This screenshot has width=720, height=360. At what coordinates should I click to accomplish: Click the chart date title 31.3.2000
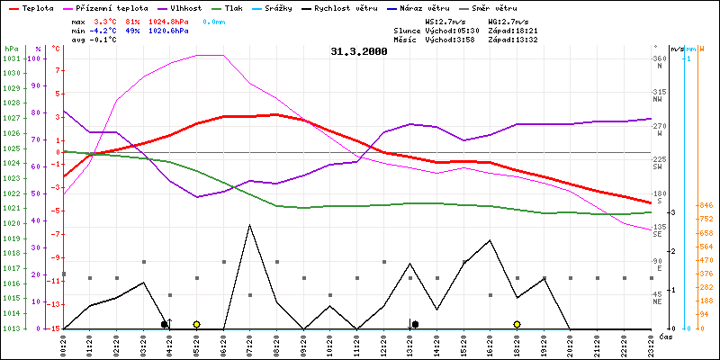tap(359, 52)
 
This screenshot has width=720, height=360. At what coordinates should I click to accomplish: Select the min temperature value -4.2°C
tap(104, 30)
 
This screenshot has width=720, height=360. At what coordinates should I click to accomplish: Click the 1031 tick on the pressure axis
tap(11, 58)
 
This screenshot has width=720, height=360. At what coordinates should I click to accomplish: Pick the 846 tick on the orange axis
tap(706, 205)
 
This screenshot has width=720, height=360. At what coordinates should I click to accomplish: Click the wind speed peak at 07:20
tap(249, 225)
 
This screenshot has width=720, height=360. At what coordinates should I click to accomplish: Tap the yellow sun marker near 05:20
tap(196, 324)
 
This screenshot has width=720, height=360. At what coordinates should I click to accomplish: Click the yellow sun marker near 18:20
tap(517, 324)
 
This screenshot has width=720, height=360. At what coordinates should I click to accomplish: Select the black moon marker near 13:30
tap(415, 324)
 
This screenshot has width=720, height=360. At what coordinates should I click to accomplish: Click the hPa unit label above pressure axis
tap(11, 48)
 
